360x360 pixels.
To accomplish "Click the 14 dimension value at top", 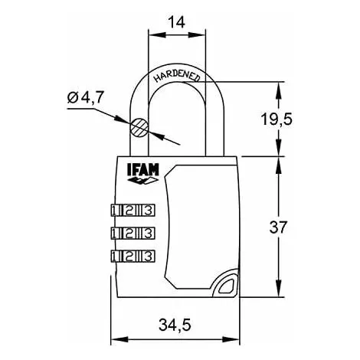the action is point(177,22).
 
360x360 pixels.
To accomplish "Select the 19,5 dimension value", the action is point(277,119).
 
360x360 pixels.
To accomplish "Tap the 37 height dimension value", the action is point(278,227).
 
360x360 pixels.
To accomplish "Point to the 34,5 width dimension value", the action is point(175,325).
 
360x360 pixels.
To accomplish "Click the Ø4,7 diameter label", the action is point(86,97).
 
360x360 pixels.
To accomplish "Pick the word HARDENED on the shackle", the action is point(177,76).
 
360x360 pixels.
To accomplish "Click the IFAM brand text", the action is point(143,170).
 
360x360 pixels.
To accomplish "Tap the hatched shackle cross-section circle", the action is point(139,127).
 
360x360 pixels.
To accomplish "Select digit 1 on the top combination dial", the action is point(114,211).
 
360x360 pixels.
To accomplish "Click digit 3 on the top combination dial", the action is point(149,211).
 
